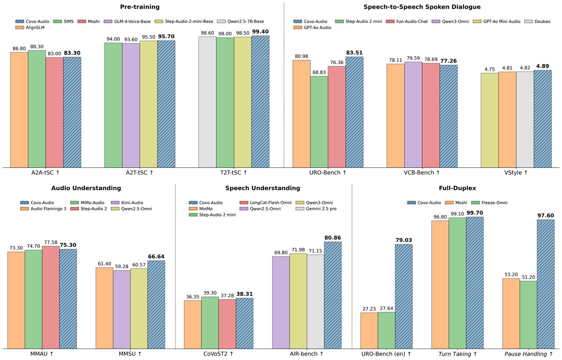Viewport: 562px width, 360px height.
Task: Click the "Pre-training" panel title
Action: (x=140, y=7)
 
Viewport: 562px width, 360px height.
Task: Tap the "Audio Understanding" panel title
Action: (x=86, y=188)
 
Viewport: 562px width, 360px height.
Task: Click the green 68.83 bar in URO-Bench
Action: (x=319, y=122)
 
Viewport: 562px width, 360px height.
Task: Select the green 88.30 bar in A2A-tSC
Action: (x=37, y=109)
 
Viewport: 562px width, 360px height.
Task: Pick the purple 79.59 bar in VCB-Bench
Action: (x=413, y=115)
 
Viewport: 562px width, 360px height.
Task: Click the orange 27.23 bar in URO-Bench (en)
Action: (x=369, y=331)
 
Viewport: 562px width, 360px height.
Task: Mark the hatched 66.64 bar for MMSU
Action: (x=156, y=305)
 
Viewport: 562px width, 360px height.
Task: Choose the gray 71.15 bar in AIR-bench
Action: (x=315, y=302)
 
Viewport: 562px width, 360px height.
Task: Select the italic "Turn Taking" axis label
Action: (x=457, y=353)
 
